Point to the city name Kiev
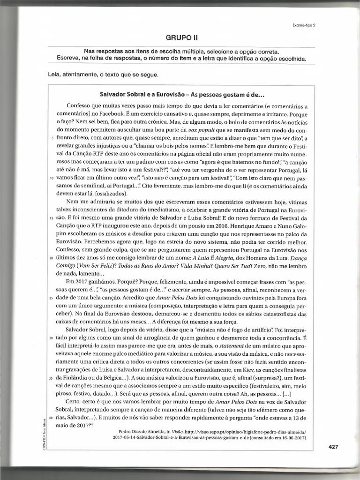(x=247, y=370)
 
